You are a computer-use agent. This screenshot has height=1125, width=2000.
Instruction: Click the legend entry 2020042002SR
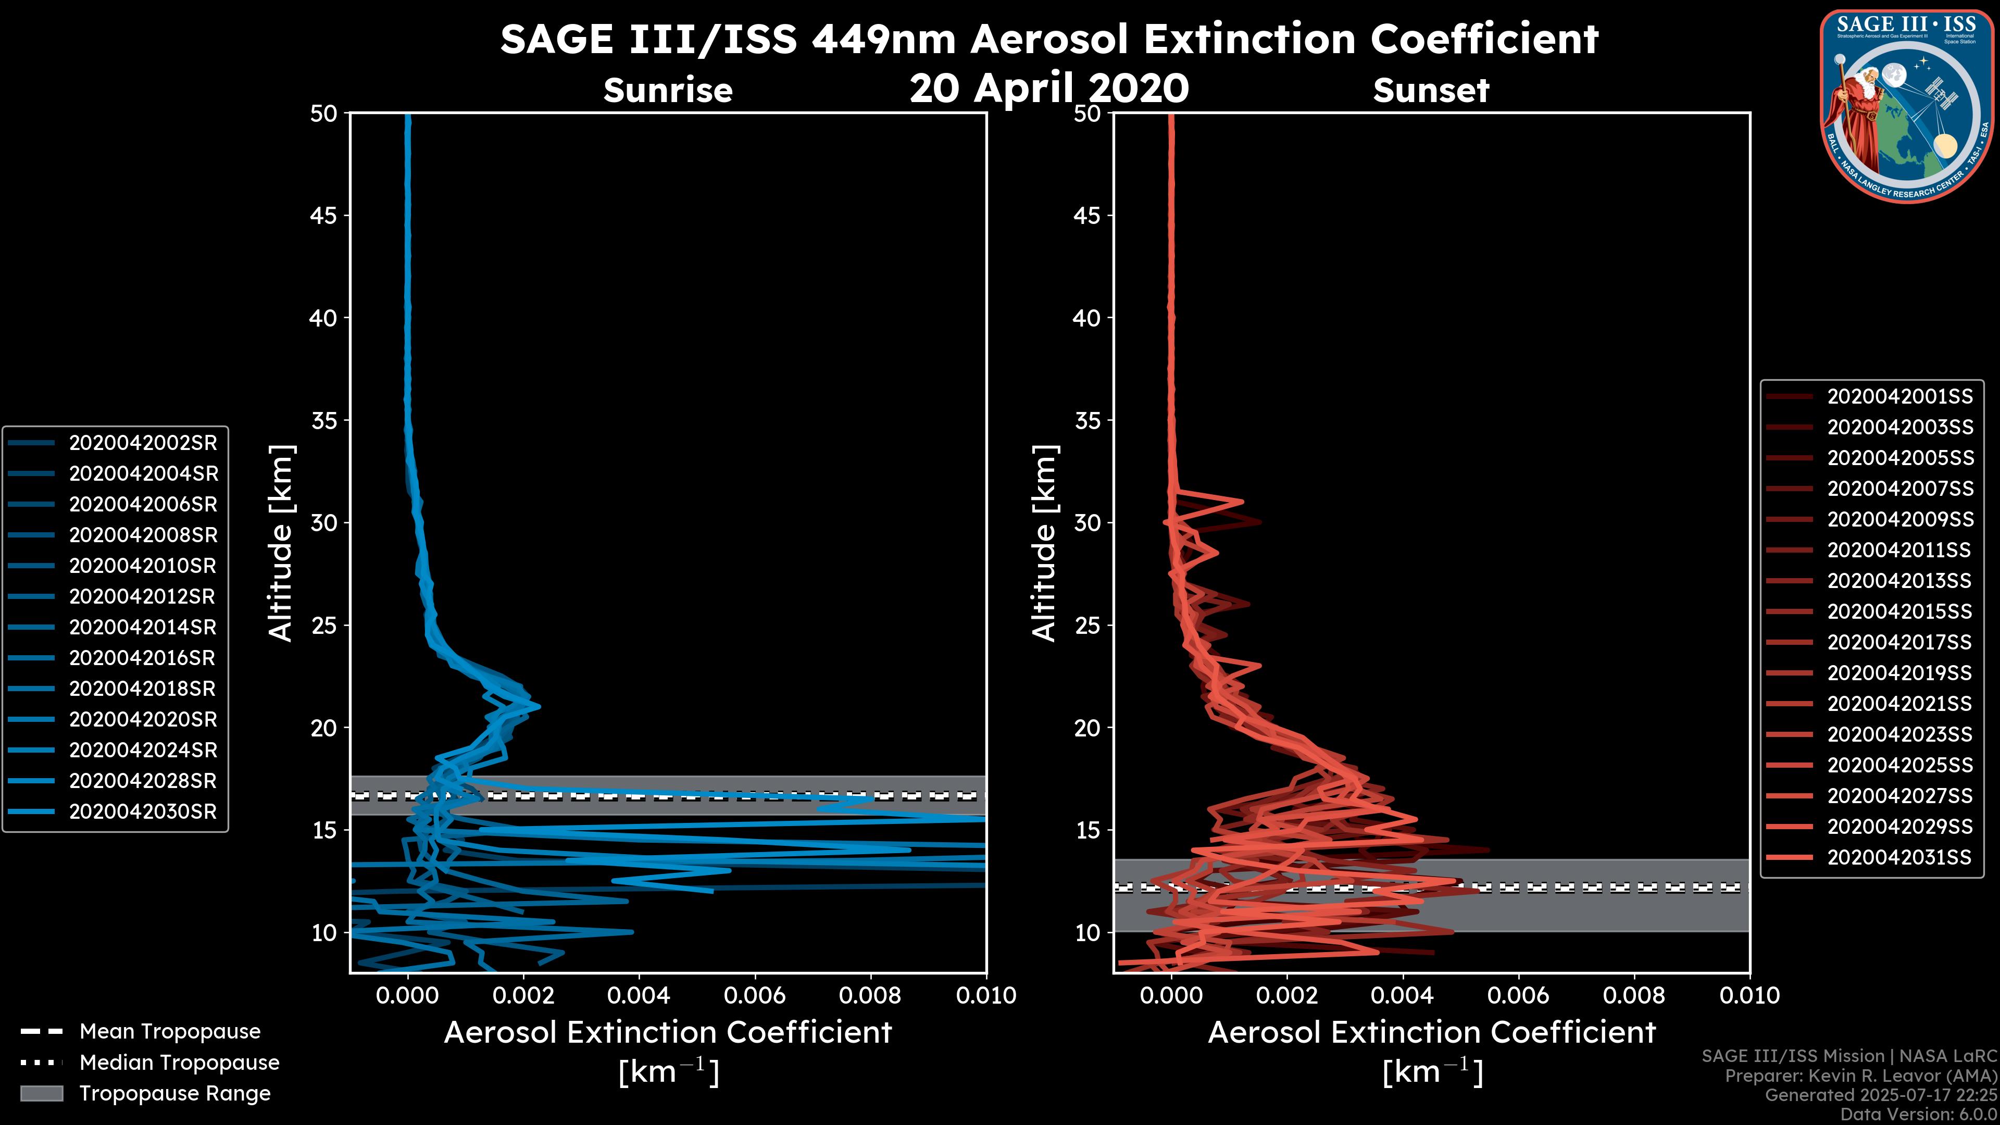143,443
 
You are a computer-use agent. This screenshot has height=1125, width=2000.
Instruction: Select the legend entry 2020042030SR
143,812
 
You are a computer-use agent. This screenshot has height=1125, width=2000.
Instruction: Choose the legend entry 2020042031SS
1899,858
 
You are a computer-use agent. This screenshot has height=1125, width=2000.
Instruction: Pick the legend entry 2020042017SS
1899,643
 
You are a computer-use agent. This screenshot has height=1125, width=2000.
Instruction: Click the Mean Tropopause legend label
170,1032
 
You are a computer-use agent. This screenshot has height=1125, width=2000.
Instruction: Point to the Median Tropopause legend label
179,1063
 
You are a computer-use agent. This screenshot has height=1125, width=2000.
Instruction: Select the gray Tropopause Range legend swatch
41,1094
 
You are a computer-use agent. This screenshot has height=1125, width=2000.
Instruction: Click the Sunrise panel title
668,90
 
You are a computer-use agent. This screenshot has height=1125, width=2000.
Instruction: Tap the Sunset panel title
1431,90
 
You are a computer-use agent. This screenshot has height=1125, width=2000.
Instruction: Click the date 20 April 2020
1049,87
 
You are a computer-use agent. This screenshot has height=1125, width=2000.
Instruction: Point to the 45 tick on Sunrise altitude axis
323,216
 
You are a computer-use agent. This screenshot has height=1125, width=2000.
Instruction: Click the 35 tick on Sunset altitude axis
1087,421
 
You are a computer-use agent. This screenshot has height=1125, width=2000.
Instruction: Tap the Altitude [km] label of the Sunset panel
1044,543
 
